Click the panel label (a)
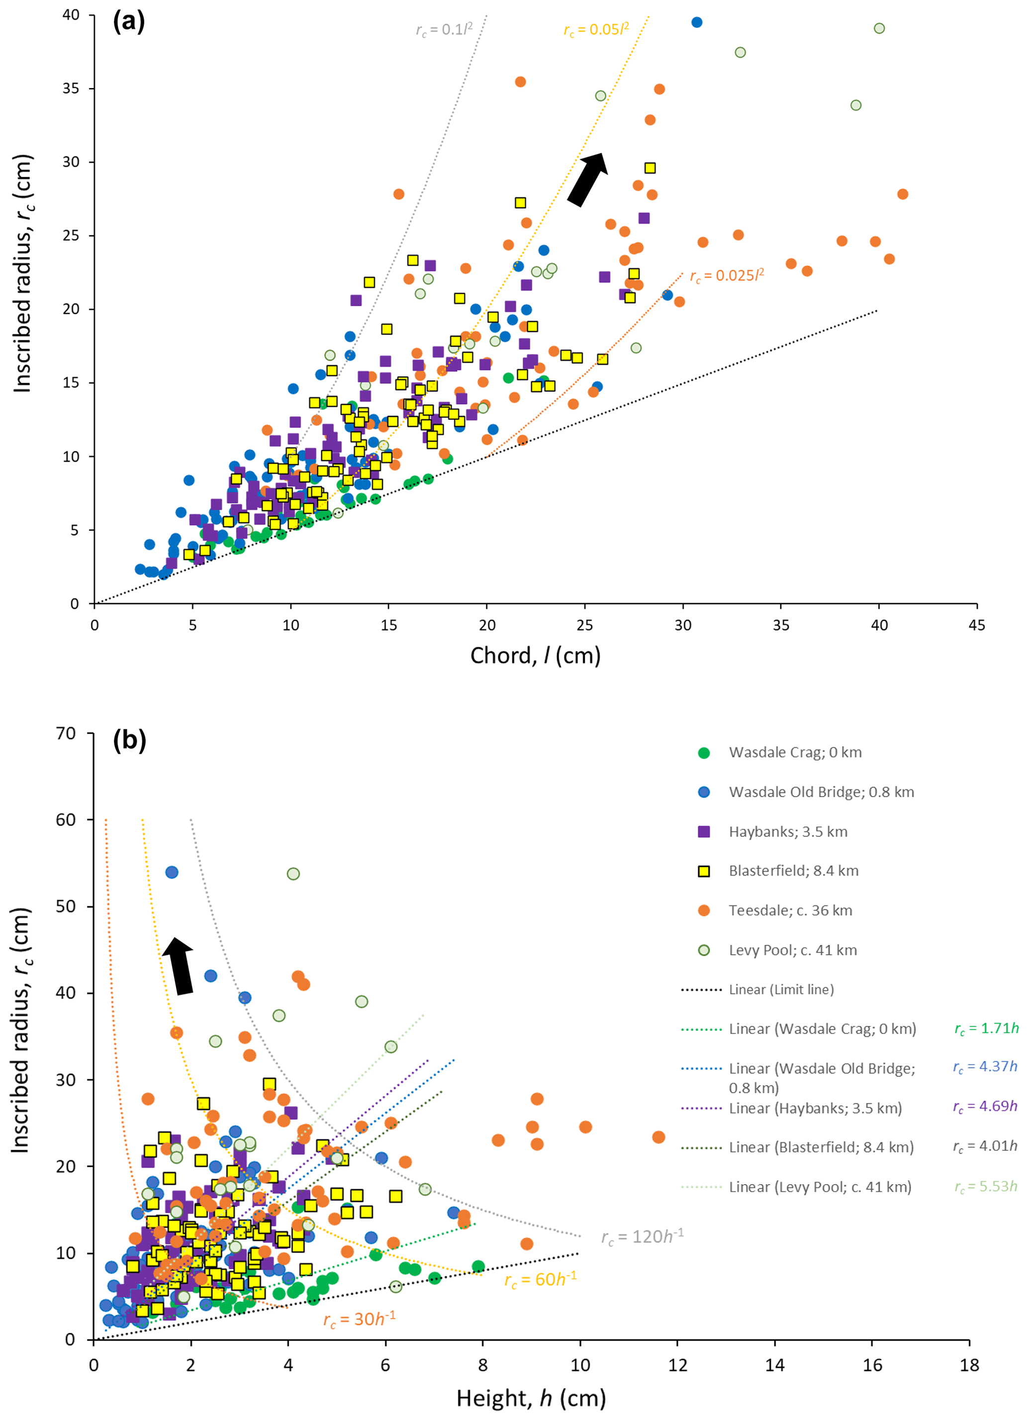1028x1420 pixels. (129, 22)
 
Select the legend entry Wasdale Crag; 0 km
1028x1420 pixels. (795, 753)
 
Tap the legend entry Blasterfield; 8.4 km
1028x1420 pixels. (793, 871)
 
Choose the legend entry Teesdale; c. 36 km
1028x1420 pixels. (790, 911)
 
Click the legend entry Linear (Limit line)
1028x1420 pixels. (781, 989)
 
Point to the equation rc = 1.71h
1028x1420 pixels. (986, 1029)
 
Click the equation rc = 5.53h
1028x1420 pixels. (986, 1187)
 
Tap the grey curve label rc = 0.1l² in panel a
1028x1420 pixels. (444, 29)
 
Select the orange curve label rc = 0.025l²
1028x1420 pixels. (727, 276)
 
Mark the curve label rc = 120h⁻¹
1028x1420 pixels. (643, 1236)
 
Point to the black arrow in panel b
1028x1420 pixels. (179, 966)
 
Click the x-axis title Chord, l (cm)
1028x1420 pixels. (536, 656)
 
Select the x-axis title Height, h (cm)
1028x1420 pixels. (531, 1398)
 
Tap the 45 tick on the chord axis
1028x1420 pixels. (977, 625)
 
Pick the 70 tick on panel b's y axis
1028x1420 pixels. (66, 733)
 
